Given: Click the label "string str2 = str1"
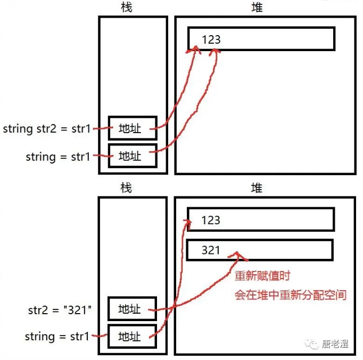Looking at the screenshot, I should click(x=47, y=128).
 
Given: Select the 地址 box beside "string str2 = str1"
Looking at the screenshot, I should click(x=133, y=128).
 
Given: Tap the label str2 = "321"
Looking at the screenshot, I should click(x=60, y=309).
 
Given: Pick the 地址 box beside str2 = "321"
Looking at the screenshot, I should click(x=133, y=309).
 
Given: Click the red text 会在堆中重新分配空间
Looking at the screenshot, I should click(x=291, y=294).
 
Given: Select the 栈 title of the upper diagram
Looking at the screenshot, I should click(x=126, y=7).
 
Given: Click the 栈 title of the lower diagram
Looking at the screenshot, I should click(x=126, y=188).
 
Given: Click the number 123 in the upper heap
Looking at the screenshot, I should click(x=211, y=39).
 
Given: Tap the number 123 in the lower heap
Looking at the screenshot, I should click(x=211, y=220).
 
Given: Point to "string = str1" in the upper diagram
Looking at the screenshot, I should click(x=58, y=157).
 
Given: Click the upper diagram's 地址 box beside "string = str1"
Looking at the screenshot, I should click(x=133, y=156).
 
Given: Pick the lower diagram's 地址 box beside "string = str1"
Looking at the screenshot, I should click(x=133, y=337).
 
